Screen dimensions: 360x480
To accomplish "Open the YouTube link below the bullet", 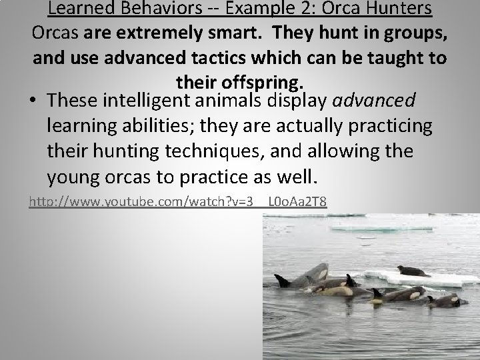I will (177, 201).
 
